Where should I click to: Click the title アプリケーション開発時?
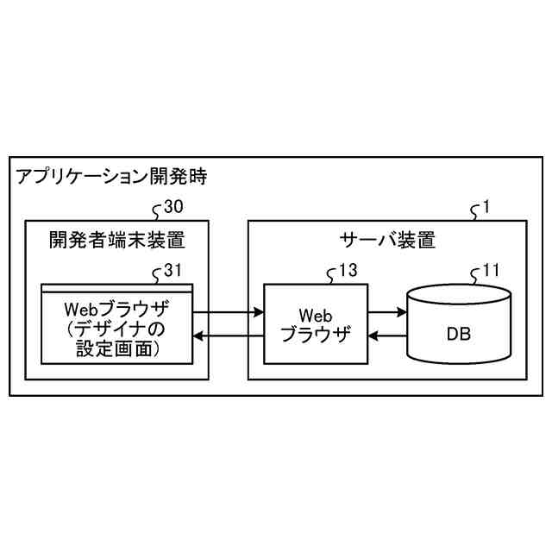111,179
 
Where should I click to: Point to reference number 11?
490,271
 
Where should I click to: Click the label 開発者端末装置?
116,240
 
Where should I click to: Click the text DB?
458,332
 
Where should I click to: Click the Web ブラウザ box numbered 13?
315,323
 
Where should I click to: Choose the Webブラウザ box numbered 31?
116,323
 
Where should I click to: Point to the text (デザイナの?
116,329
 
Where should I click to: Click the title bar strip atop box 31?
116,287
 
